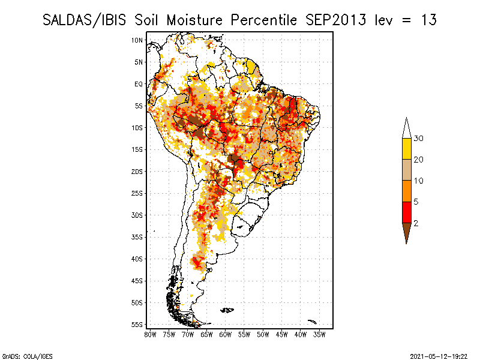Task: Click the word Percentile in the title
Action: [263, 20]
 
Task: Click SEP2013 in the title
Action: [335, 20]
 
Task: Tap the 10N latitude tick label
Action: [137, 40]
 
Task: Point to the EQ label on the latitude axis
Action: [139, 84]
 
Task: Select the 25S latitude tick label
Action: [137, 193]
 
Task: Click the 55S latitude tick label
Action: [137, 325]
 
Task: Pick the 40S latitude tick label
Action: [137, 259]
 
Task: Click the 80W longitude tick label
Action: [150, 335]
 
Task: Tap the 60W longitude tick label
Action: [226, 335]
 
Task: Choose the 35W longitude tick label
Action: [319, 335]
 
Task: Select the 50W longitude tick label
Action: [263, 335]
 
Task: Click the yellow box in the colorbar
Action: [407, 149]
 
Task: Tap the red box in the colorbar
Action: [407, 212]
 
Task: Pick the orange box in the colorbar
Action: [407, 191]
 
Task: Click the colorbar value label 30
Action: [418, 139]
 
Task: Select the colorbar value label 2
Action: [416, 223]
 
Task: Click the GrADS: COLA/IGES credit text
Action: [27, 356]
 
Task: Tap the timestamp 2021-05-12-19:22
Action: [439, 356]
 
